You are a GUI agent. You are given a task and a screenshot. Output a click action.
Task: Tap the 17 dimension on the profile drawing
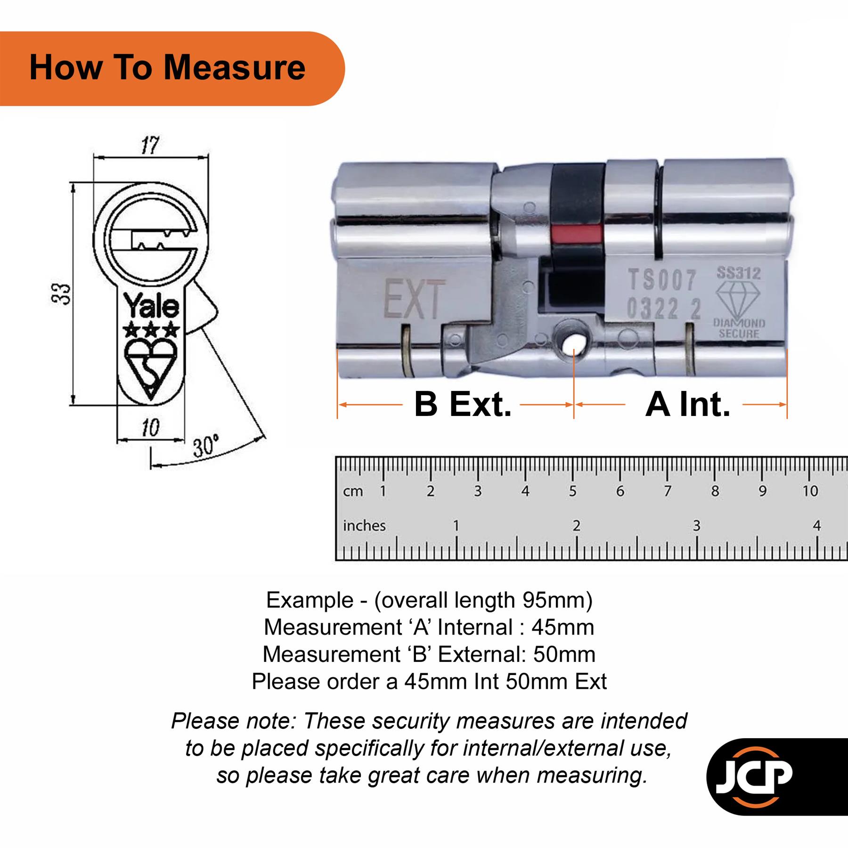coord(150,145)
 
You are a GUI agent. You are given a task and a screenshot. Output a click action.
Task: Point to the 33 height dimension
coord(62,294)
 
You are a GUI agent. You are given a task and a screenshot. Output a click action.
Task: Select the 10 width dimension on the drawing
coord(150,427)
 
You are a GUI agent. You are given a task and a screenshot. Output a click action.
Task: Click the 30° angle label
coord(206,446)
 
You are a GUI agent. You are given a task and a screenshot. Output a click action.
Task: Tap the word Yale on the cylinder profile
coord(151,306)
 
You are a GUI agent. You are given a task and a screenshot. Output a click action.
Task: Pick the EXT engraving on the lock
coord(414,299)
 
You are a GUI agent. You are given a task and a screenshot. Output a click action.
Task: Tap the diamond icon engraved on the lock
coord(738,299)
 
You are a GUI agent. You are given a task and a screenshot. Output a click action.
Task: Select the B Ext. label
coord(463,404)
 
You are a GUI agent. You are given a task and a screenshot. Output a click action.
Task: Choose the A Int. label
coord(687,404)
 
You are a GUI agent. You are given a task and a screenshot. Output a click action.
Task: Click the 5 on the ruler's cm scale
coord(572,491)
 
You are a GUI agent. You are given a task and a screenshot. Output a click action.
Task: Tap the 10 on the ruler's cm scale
coord(810,491)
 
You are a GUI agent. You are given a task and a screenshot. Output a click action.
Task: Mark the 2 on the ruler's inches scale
coord(576,525)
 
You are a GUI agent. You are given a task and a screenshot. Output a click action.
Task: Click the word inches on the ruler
coord(364,525)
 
